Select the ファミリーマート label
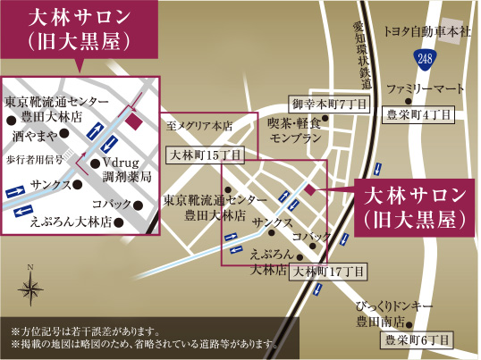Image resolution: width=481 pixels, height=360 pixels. tap(426, 89)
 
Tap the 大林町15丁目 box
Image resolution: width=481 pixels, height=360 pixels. tap(205, 155)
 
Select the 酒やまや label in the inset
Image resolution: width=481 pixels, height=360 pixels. tap(36, 135)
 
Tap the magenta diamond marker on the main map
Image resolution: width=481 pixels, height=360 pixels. tap(308, 189)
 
